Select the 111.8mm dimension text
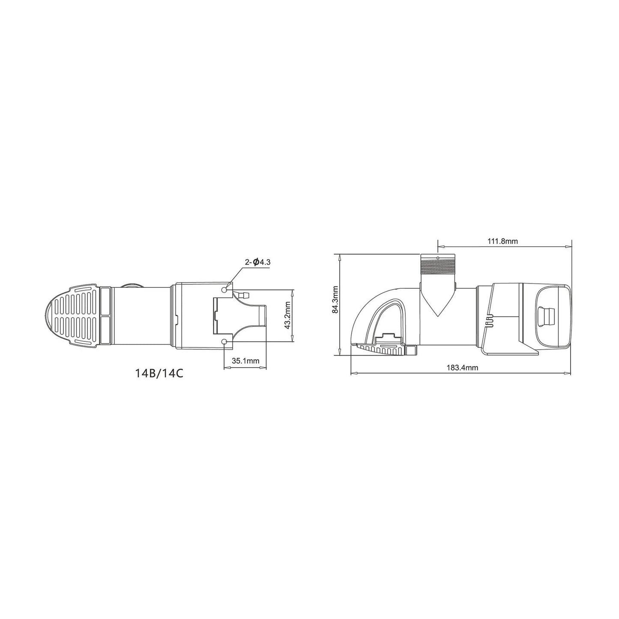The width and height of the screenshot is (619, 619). tap(502, 241)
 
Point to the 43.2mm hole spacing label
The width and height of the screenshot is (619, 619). tap(288, 316)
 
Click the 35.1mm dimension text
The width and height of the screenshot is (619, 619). tap(245, 361)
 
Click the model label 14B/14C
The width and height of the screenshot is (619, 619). tap(159, 373)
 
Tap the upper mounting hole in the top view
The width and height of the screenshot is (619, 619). tap(225, 290)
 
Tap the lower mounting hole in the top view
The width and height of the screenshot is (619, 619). tap(225, 341)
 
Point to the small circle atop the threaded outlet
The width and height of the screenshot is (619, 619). tap(437, 258)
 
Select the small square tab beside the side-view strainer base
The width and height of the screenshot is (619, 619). tap(412, 350)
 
